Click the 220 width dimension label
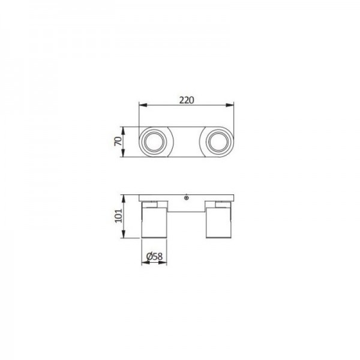(x=187, y=100)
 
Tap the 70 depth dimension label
(x=118, y=141)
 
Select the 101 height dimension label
(x=118, y=215)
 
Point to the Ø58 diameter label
(x=154, y=256)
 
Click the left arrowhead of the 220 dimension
(x=143, y=105)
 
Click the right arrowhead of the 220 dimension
(x=230, y=105)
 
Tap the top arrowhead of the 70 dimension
(x=123, y=131)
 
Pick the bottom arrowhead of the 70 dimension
(x=123, y=153)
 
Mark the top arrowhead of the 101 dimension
(x=124, y=199)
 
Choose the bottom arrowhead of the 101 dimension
(x=124, y=234)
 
